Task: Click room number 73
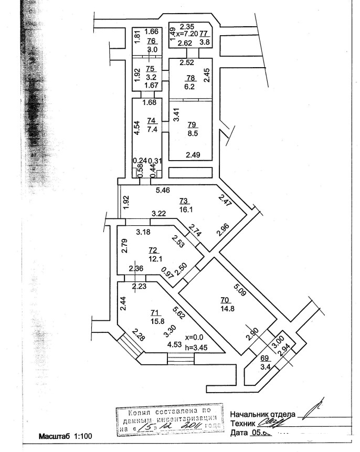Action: [184, 201]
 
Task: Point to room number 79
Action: [192, 124]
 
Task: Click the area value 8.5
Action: [193, 133]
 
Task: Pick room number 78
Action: [190, 78]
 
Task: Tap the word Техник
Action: [242, 423]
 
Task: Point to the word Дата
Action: [240, 433]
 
